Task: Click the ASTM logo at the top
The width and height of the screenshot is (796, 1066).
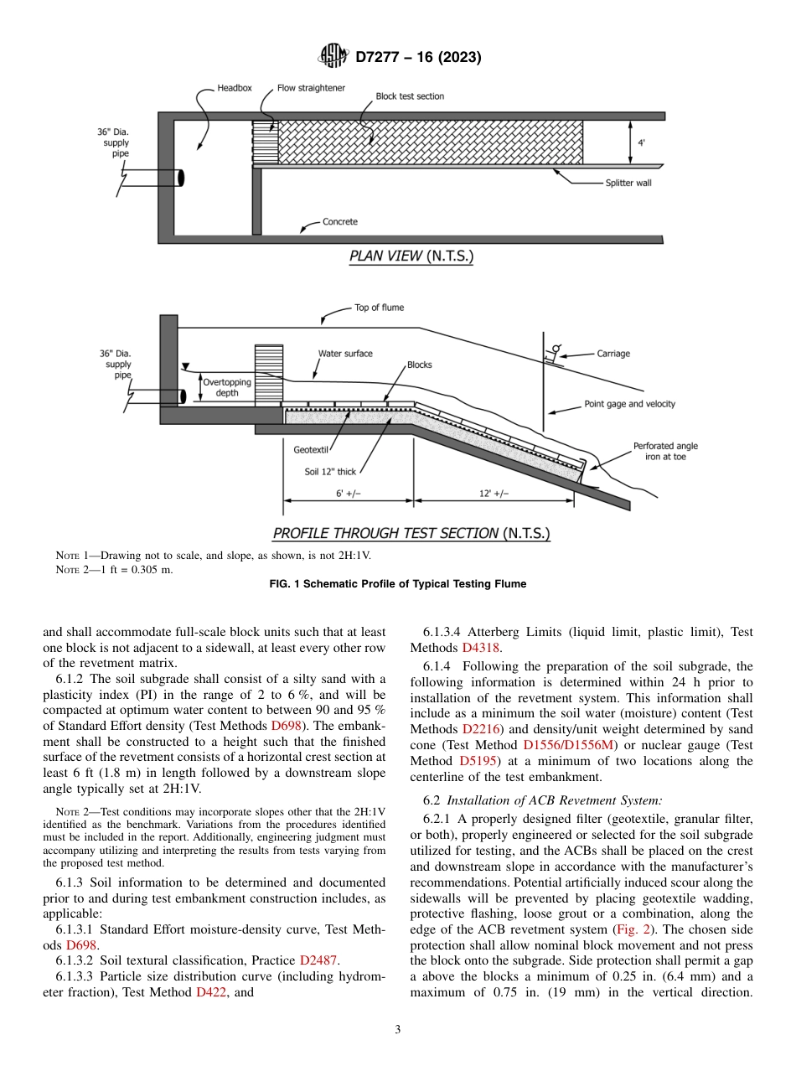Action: coord(333,57)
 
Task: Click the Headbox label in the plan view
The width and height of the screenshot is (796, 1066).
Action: coord(235,88)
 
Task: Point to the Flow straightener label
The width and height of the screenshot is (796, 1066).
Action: coord(311,88)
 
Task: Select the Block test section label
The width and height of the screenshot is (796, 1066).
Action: coord(410,96)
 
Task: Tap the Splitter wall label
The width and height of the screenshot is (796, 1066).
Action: coord(628,182)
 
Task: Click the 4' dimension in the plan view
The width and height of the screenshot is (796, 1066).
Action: coord(642,143)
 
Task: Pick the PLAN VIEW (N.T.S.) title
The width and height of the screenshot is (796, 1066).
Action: coord(411,257)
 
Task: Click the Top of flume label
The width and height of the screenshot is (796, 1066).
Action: coord(379,308)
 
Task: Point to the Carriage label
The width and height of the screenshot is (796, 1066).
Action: coord(613,354)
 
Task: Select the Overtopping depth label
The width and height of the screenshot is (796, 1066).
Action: coord(227,387)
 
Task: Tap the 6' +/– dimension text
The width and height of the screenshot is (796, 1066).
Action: coord(349,494)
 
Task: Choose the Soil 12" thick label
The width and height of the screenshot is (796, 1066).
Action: coord(330,472)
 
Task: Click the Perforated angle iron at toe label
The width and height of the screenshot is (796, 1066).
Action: coord(665,451)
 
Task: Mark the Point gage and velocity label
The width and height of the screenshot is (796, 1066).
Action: coord(629,404)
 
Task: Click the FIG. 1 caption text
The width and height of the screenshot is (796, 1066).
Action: coord(397,584)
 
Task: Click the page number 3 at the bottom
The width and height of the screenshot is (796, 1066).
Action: coord(398,1029)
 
